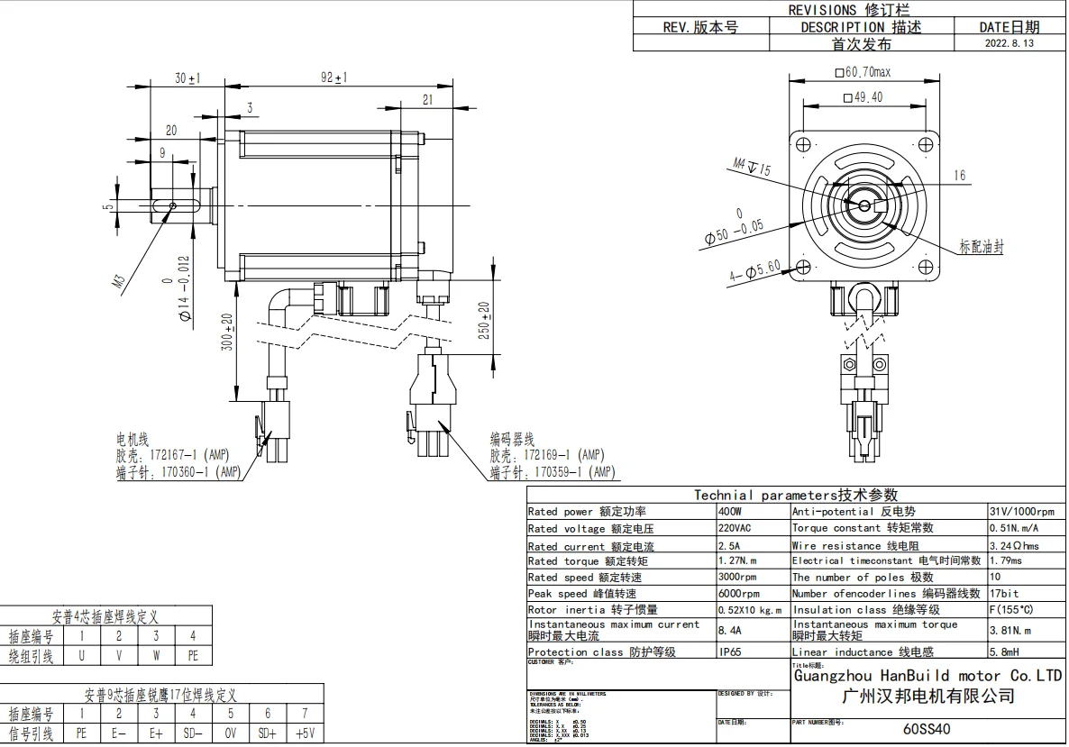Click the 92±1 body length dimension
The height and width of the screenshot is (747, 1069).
(334, 78)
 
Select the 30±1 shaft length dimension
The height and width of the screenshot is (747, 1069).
(187, 78)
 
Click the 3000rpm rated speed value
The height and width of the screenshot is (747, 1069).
(737, 578)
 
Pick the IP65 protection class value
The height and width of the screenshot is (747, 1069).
(731, 652)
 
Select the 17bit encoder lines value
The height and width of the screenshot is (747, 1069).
(1004, 594)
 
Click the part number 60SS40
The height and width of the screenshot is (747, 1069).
(926, 730)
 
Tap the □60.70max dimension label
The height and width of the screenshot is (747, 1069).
(863, 72)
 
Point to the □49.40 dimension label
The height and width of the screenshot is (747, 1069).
(863, 97)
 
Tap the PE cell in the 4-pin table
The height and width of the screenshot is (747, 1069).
(193, 656)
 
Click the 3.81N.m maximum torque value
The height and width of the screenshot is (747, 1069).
(1010, 631)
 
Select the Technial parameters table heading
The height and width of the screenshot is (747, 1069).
(795, 495)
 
